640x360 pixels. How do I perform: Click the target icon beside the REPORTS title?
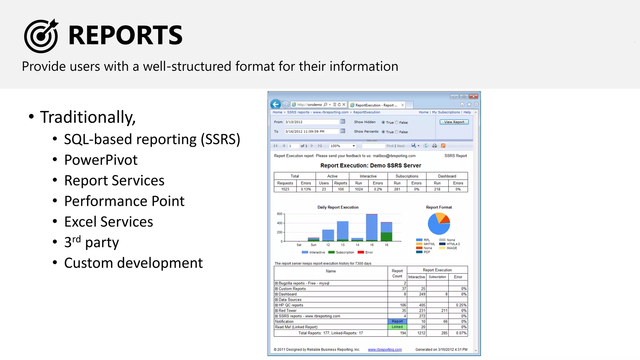coord(41,36)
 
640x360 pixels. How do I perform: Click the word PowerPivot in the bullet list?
coord(101,160)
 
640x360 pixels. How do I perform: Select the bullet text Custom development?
coord(133,263)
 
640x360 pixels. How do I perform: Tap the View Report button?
coord(454,122)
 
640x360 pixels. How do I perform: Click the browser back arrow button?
coord(276,105)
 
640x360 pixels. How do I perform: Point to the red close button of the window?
coord(474,97)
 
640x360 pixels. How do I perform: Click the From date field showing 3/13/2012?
coord(311,122)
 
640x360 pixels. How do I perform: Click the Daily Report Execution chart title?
coord(338,207)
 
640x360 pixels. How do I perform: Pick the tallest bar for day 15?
coord(372,227)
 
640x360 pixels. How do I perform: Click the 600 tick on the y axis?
coord(279,214)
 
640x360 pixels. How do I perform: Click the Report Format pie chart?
coord(439,224)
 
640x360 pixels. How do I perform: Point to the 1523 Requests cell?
coord(285,189)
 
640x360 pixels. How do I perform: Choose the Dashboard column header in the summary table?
coord(447,176)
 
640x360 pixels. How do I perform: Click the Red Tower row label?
coord(287,311)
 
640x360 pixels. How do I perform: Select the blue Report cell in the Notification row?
coord(397,322)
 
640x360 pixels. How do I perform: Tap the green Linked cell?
coord(397,327)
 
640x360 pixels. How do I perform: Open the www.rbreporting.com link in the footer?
coord(385,350)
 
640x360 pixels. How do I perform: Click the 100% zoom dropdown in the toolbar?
coord(342,146)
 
